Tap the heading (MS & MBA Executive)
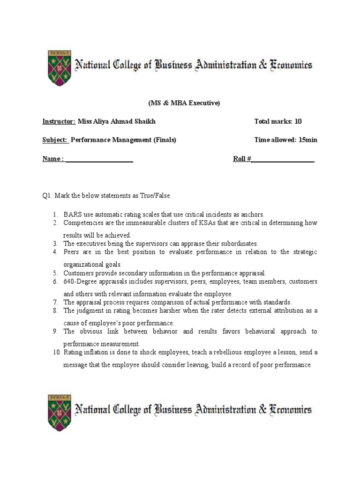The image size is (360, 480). click(x=180, y=103)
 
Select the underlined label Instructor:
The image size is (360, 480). click(x=59, y=121)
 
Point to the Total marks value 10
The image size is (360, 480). click(x=298, y=121)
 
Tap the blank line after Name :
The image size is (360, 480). click(x=99, y=159)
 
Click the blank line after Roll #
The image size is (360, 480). click(x=283, y=159)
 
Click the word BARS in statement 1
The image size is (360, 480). click(x=73, y=214)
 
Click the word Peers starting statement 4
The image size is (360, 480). click(x=72, y=252)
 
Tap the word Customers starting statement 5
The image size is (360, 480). click(x=78, y=273)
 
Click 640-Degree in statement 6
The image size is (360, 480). click(x=80, y=282)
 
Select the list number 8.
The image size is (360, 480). click(x=55, y=311)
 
